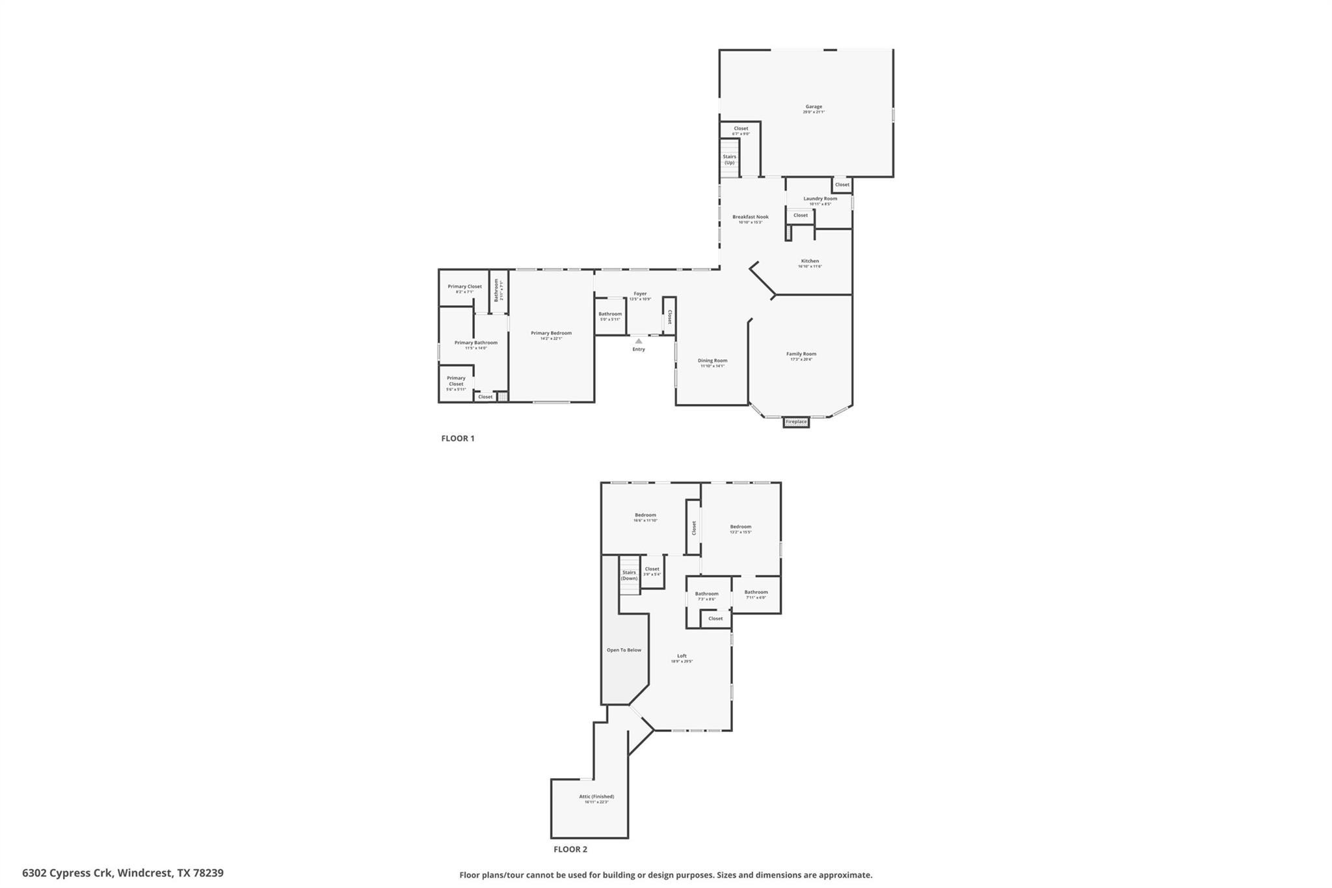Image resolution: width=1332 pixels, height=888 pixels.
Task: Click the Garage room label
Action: pos(814,107)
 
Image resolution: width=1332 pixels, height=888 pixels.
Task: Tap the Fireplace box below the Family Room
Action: pos(796,422)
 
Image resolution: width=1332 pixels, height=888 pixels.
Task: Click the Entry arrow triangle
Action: pos(639,341)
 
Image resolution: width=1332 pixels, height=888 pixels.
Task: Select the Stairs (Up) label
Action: pos(730,159)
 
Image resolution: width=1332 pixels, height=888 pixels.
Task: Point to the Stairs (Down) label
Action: pos(629,576)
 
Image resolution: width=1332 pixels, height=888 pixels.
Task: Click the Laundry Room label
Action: pos(820,199)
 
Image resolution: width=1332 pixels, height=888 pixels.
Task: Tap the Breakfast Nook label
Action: pos(751,217)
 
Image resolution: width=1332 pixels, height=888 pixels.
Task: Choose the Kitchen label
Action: pos(810,262)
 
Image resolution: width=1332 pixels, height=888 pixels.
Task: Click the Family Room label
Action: pos(801,355)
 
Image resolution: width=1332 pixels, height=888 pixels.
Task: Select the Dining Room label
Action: pos(712,361)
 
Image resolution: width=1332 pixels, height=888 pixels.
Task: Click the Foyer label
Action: pos(640,294)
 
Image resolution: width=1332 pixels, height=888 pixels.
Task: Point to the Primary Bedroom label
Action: pos(551,334)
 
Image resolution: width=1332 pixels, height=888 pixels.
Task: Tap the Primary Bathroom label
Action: pos(475,343)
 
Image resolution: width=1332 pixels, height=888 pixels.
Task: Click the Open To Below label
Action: pos(624,650)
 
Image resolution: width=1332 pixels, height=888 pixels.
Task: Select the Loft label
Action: pos(682,656)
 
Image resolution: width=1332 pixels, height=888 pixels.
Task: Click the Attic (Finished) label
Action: pos(596,797)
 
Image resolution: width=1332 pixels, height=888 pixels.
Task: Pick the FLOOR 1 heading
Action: pos(458,438)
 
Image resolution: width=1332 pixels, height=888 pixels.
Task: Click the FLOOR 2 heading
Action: pos(570,850)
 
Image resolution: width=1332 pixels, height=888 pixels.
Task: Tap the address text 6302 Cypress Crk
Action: pos(68,873)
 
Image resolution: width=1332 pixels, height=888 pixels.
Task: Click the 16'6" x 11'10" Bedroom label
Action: pos(645,516)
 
